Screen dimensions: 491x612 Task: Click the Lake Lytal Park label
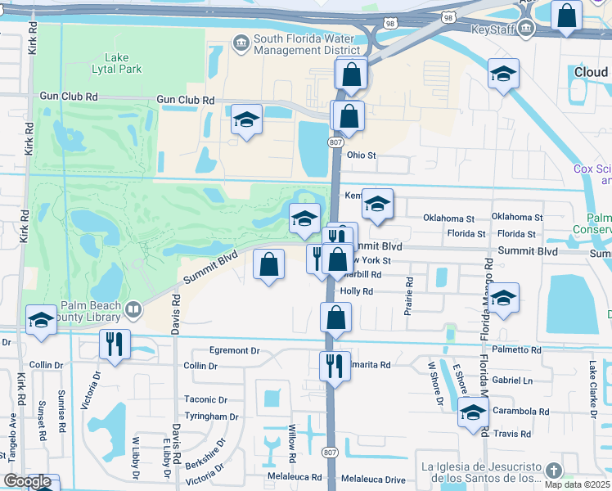(123, 63)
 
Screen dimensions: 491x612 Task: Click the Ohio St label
(361, 155)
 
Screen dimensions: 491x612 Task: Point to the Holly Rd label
(357, 291)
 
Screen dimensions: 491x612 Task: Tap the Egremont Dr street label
(234, 350)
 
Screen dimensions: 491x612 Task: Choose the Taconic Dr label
(205, 399)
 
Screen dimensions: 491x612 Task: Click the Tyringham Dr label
(211, 417)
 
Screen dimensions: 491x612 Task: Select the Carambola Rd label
(521, 412)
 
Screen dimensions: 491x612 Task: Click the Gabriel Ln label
(513, 381)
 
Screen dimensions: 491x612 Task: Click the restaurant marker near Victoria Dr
(114, 345)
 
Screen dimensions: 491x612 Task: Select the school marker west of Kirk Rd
(40, 319)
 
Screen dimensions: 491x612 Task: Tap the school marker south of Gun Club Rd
(245, 119)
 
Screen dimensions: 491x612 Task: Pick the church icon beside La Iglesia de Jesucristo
(554, 470)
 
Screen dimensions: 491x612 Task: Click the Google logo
(27, 481)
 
